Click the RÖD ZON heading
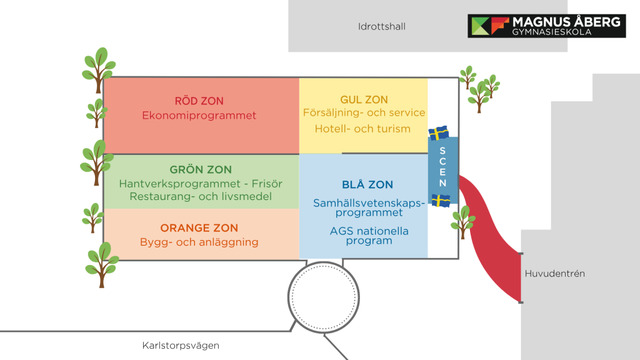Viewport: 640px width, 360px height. (199, 101)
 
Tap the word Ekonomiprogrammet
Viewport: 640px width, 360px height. (199, 116)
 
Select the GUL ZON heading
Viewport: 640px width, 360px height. (364, 100)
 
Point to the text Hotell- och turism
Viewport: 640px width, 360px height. (362, 129)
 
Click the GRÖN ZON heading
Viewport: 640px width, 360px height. (201, 170)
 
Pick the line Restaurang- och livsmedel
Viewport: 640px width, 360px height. (201, 196)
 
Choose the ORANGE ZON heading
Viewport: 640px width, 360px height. (199, 228)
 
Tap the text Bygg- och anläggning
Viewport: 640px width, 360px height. (199, 242)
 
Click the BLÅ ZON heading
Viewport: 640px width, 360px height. (367, 185)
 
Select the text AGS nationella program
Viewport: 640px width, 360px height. (369, 236)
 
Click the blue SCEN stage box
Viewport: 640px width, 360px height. (442, 167)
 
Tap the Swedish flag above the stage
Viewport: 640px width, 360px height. (439, 133)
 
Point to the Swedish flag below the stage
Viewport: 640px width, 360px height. (441, 201)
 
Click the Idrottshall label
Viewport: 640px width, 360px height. (382, 27)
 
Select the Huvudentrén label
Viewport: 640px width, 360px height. (554, 274)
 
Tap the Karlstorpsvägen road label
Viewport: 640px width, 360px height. (181, 346)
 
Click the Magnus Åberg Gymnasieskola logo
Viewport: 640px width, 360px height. (546, 26)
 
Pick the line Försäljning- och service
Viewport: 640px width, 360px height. (364, 113)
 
